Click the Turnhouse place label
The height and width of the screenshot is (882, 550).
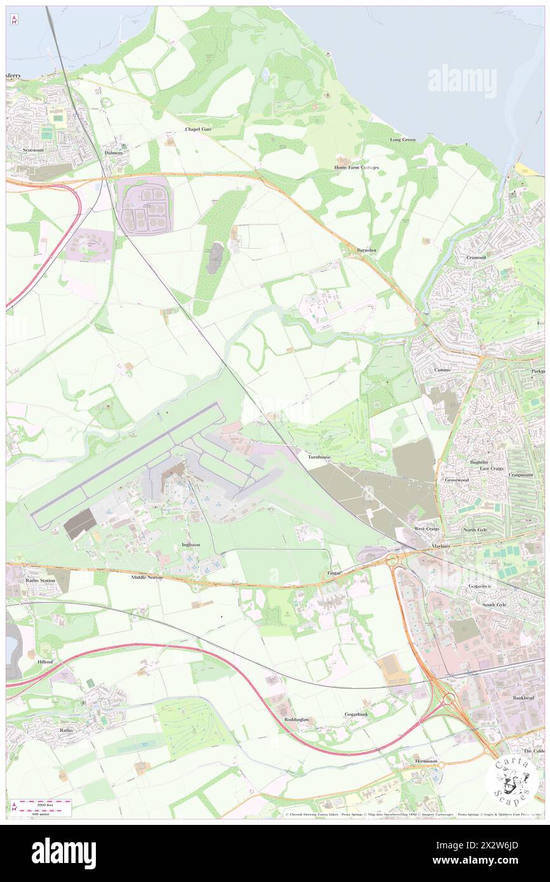coord(319,457)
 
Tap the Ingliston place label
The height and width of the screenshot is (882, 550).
coord(191,544)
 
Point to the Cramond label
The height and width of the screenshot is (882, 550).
coord(476,258)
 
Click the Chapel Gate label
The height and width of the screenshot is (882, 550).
coord(198,129)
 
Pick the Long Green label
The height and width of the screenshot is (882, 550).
coord(403,140)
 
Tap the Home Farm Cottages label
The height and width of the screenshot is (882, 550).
coord(356,168)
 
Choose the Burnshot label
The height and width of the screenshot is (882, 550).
coord(366,250)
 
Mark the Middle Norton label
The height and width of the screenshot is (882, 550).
coord(147,577)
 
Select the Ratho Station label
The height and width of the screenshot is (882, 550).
coord(41,580)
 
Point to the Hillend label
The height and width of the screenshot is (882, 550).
coord(45,661)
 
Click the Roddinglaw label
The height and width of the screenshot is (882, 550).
coord(297,719)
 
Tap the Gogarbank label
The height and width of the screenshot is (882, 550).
coord(356,714)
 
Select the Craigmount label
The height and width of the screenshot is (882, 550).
coord(521,475)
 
